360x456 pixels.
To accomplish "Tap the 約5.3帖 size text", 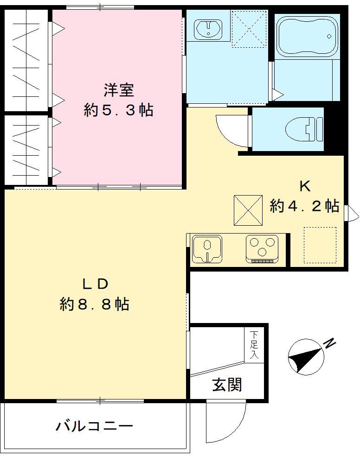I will [x=119, y=110].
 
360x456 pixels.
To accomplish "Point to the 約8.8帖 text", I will [x=95, y=304].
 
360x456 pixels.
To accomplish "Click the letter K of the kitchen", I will [x=304, y=186].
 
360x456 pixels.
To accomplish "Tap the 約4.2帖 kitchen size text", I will [x=304, y=206].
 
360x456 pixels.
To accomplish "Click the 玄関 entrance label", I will [x=227, y=384].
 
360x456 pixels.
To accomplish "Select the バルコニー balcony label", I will [x=95, y=425].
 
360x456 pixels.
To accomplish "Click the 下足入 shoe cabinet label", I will [x=255, y=345].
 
